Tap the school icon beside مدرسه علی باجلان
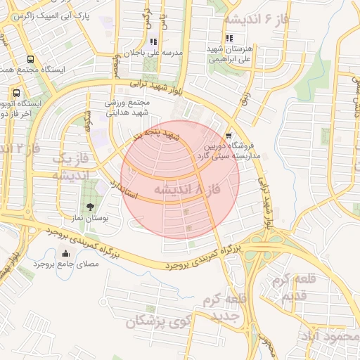coord(153,41)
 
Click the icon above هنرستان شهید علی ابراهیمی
coord(229,39)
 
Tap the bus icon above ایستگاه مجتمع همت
coord(30,59)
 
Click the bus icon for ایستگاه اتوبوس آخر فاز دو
coord(15,92)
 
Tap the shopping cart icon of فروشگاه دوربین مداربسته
coord(229,135)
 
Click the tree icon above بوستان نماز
coord(90,206)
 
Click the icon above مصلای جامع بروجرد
coord(66,254)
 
